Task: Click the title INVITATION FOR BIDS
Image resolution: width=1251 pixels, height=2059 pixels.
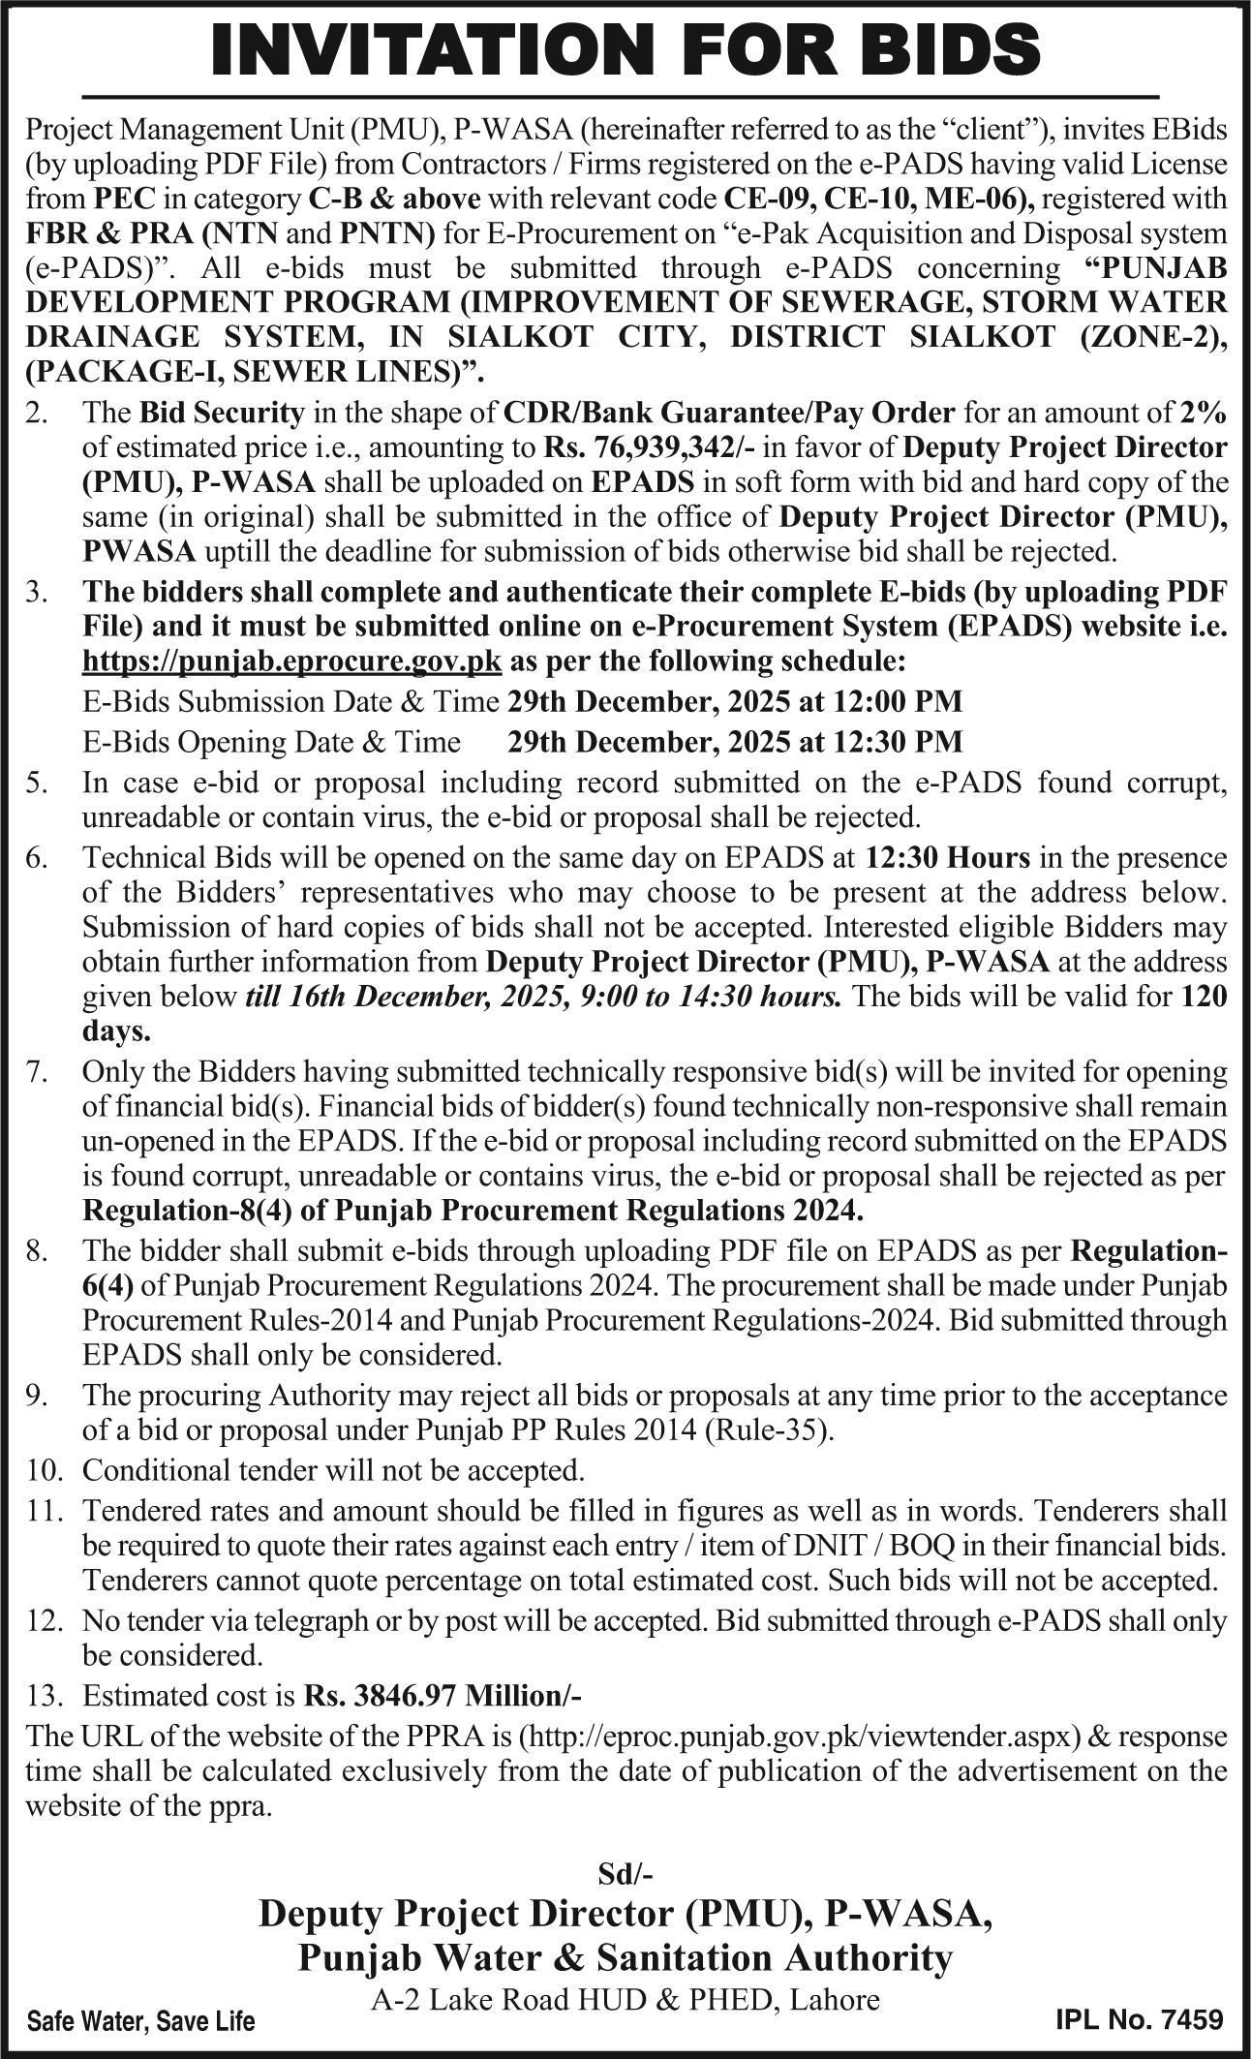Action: (x=625, y=48)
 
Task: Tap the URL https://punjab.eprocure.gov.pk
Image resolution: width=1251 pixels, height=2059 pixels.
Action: (x=292, y=661)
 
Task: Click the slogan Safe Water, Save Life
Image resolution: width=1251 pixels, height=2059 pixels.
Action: (x=141, y=2022)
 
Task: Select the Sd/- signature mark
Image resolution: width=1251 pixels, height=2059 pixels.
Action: (x=625, y=1874)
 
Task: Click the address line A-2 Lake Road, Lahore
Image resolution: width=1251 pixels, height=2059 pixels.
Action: (x=625, y=1998)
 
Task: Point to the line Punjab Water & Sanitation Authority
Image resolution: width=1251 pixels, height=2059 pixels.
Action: (x=625, y=1957)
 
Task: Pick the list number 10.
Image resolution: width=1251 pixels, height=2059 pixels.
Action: (x=45, y=1470)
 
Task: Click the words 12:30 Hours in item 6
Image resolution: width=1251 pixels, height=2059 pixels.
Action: (x=947, y=858)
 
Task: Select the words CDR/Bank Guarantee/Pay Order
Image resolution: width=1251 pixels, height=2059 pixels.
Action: (x=730, y=413)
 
